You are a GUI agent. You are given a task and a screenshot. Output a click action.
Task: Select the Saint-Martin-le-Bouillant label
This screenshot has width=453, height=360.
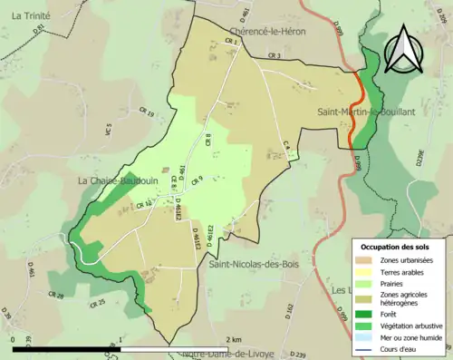point(366,111)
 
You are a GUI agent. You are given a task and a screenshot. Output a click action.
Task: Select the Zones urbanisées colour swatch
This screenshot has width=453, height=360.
point(367,261)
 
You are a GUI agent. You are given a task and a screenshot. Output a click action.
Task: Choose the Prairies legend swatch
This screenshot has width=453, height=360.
point(367,282)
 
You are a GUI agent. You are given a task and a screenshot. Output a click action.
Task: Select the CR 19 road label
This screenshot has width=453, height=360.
point(146,113)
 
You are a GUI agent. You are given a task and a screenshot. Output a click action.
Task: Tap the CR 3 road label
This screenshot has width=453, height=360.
point(274,56)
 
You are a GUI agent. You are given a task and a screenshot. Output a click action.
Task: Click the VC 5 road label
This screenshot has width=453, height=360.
point(108,131)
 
